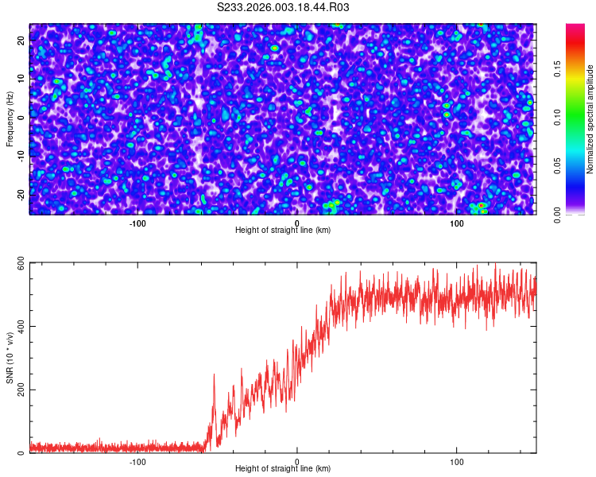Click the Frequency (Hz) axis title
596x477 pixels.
coord(10,118)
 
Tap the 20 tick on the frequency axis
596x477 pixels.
coord(21,40)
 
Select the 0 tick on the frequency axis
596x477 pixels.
coord(21,117)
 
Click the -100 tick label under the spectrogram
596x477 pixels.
coord(137,223)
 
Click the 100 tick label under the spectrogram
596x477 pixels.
coord(457,223)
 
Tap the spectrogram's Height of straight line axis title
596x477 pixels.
coord(283,231)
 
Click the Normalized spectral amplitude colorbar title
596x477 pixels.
coord(590,119)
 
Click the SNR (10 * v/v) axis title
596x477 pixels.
coord(10,358)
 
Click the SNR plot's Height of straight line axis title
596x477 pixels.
coord(283,469)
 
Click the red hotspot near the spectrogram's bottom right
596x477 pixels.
coord(481,206)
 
